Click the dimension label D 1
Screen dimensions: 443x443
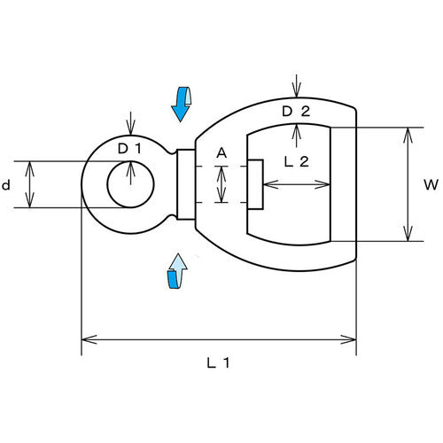129,149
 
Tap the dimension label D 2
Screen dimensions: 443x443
296,112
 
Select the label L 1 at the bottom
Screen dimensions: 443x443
218,363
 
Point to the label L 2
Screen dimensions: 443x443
296,161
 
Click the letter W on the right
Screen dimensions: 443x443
431,185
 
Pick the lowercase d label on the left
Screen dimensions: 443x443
6,185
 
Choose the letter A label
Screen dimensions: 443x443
221,153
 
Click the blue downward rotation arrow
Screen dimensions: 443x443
181,104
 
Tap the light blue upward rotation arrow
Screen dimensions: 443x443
177,271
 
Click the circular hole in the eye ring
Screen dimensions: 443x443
130,184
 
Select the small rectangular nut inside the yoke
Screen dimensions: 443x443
255,184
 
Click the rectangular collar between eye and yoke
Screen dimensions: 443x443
186,184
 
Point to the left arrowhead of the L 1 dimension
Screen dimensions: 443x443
89,339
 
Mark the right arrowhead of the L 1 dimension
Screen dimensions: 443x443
348,339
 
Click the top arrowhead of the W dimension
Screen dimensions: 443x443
408,136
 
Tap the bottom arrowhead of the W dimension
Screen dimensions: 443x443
408,233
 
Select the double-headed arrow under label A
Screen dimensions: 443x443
221,184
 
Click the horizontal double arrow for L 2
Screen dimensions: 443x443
297,184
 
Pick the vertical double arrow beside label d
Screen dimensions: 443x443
29,184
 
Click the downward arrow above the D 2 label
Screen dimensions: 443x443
296,86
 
